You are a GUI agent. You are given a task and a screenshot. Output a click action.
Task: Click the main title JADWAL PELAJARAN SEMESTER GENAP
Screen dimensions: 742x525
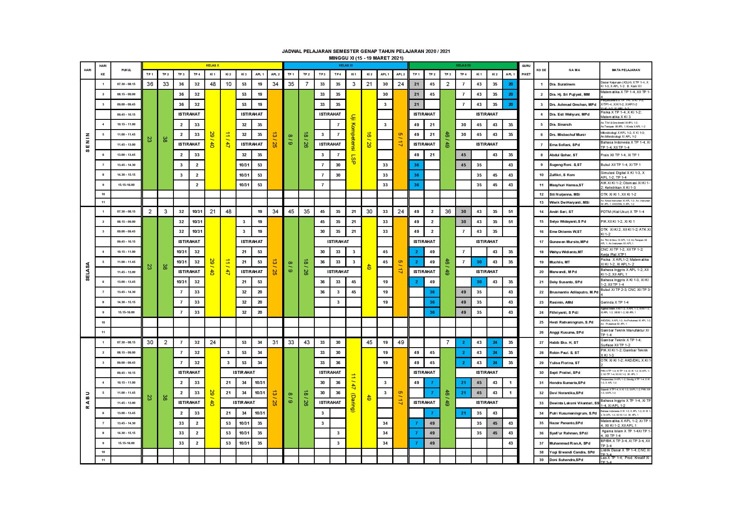366,51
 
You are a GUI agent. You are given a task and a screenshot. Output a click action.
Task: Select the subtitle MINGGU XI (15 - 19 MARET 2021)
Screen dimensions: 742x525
366,58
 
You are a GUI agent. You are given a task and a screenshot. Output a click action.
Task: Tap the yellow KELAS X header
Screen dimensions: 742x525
212,65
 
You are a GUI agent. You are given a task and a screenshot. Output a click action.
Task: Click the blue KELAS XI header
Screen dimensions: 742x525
345,65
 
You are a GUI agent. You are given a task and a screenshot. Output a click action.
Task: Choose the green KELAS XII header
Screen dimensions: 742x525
463,65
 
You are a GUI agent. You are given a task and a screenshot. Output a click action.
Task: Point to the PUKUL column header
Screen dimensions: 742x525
126,70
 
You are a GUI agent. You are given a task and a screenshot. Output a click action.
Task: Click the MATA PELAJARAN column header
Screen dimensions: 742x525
625,70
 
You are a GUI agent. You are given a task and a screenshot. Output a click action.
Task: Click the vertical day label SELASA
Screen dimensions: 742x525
88,271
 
